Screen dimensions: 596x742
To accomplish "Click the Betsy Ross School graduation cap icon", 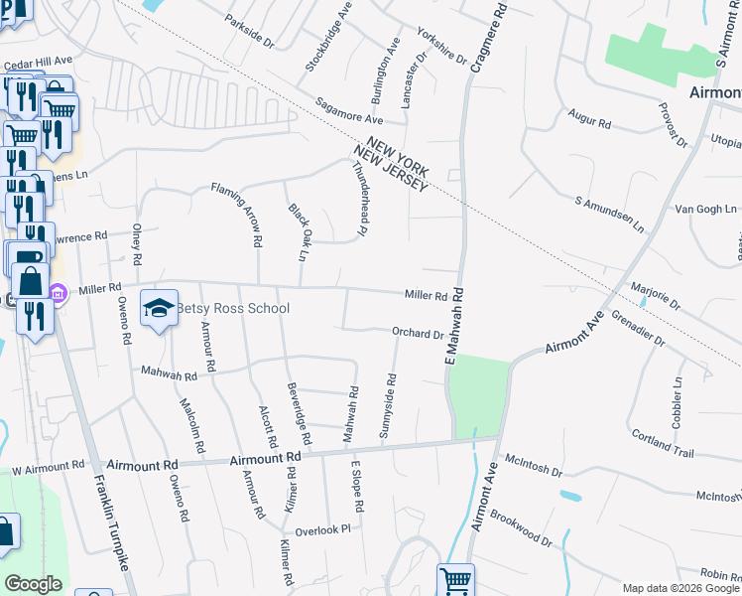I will point(159,307).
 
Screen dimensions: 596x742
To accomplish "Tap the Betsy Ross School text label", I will point(233,308).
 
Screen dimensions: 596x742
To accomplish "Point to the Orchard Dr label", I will point(419,334).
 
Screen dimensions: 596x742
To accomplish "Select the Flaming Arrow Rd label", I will point(242,214).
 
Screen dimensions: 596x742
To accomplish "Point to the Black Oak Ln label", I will point(298,231).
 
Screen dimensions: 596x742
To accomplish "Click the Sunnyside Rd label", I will point(388,406).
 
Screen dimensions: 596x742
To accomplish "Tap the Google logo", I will point(34,584).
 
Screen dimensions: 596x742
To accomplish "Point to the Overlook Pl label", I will point(323,529).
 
